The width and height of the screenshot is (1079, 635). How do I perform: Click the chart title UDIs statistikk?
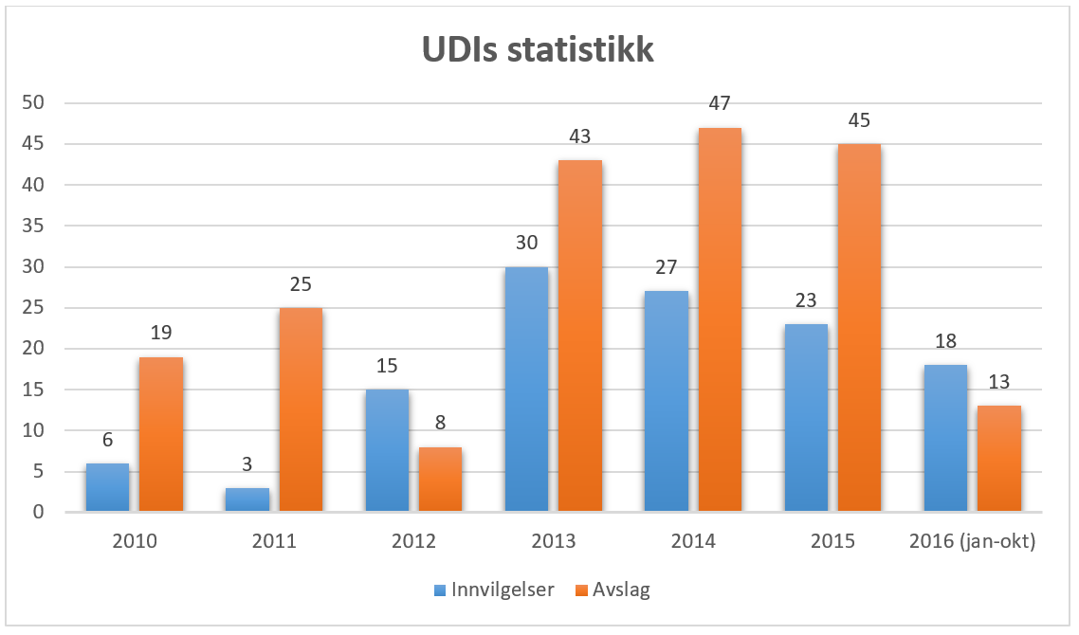pos(538,50)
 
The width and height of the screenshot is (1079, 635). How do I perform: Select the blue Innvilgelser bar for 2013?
pos(526,389)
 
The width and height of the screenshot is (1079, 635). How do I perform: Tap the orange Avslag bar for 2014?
pos(720,319)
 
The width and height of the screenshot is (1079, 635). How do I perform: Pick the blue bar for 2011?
pos(247,499)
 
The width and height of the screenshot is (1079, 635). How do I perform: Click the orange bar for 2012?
pos(440,479)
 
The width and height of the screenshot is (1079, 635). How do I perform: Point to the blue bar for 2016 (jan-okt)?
pos(945,438)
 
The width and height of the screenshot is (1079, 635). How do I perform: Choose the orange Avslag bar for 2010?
pos(161,434)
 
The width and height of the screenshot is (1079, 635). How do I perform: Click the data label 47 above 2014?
pos(720,103)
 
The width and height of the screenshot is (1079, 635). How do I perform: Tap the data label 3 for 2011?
pos(247,464)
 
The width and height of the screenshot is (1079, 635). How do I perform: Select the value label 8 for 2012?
pos(440,423)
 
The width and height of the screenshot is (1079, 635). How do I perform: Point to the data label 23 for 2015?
pos(806,299)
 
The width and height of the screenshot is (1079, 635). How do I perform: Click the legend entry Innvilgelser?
pos(494,590)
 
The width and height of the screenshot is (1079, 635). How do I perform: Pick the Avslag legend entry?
pos(613,590)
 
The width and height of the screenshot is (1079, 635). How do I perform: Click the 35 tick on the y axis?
pos(33,226)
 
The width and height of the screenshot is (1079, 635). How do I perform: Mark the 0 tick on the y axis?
pos(39,512)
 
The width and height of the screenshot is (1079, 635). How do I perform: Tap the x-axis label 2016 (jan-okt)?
pos(973,541)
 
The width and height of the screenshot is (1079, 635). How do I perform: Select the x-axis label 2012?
pos(413,541)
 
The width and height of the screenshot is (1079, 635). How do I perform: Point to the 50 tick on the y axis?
pos(33,103)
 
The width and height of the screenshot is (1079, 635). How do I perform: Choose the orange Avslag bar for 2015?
pos(859,328)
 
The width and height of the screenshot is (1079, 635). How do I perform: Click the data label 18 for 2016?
pos(945,341)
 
